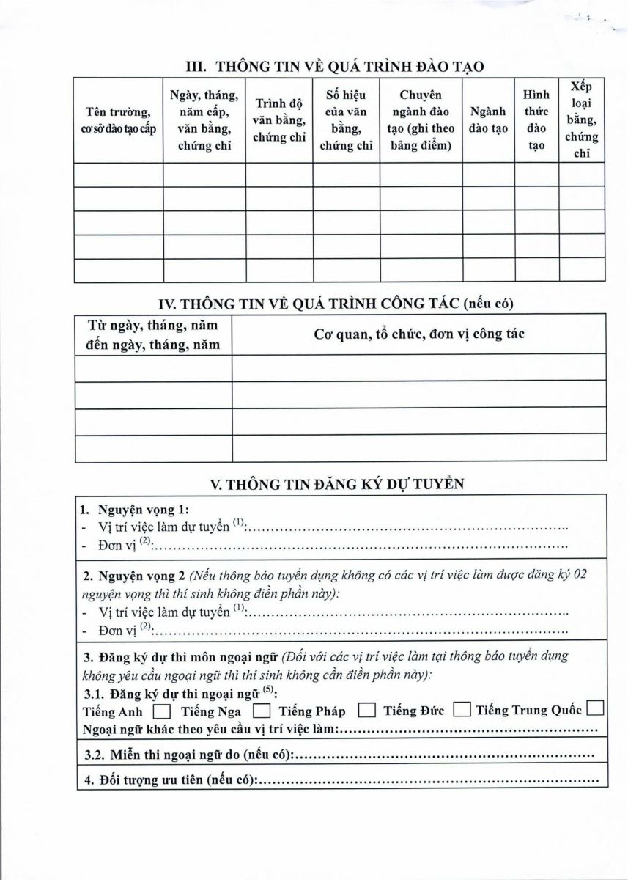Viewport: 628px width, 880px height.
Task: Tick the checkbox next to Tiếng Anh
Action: (162, 711)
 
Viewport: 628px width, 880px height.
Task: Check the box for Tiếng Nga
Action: (261, 711)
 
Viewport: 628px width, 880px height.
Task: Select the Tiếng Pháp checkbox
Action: (366, 711)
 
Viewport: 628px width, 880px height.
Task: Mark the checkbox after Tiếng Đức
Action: (461, 710)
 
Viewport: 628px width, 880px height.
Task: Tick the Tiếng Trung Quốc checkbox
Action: (595, 709)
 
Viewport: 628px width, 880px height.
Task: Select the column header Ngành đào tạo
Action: (488, 120)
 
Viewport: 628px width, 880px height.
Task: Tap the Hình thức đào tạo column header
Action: (536, 120)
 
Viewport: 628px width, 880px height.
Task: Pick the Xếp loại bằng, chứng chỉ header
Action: (583, 120)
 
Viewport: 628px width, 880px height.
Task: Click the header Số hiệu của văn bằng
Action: (346, 120)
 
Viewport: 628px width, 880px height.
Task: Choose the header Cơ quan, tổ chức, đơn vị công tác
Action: (418, 334)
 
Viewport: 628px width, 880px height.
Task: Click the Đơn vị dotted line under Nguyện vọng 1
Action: (363, 546)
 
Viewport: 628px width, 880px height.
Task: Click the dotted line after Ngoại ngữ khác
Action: (469, 730)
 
